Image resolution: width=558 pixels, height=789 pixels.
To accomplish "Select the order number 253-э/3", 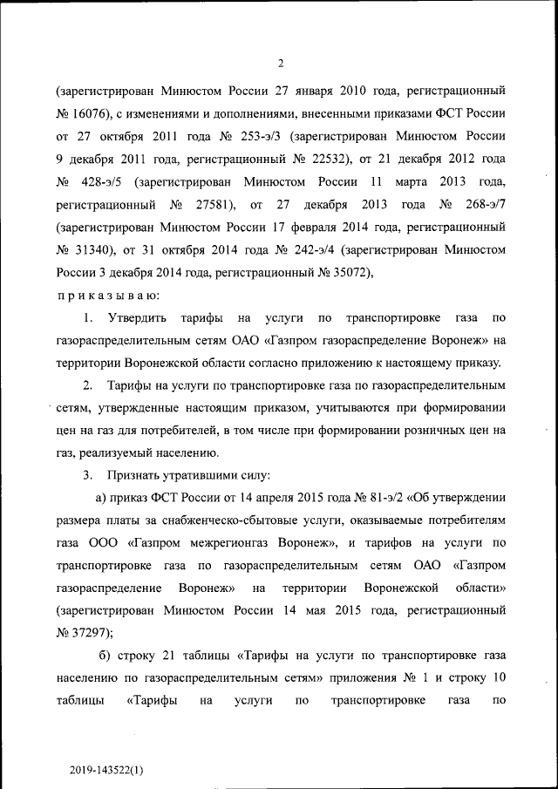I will (x=260, y=137).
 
